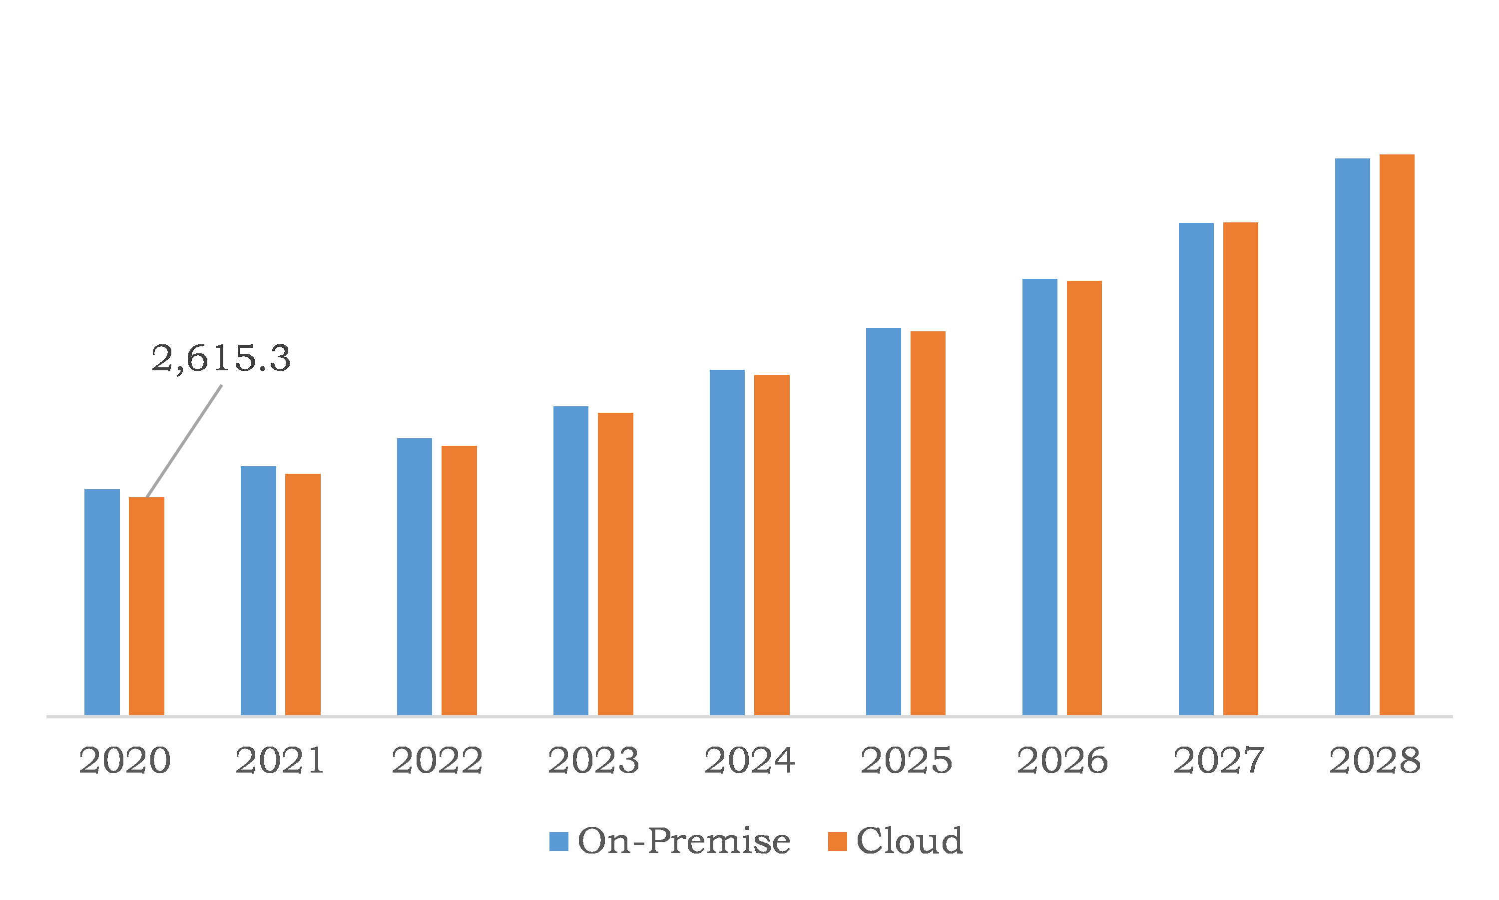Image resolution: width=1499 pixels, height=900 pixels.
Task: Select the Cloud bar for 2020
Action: [146, 607]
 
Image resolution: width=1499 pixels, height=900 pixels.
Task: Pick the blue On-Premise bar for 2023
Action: [570, 561]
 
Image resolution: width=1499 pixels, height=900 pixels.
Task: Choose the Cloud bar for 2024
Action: [772, 545]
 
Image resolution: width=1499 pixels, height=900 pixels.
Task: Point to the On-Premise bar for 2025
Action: [883, 522]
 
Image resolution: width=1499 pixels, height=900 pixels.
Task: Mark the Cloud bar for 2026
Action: [1084, 498]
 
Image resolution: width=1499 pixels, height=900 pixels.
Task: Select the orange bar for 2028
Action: [1397, 435]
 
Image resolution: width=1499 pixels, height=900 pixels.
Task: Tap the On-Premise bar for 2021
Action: [258, 591]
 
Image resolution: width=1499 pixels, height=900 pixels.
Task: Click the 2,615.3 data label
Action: [221, 358]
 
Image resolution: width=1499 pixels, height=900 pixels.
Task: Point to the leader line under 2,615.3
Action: [184, 441]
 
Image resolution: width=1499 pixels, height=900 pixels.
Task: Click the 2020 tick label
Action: [124, 761]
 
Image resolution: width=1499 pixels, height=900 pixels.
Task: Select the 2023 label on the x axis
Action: [593, 761]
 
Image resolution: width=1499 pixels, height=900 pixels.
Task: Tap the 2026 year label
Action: [1062, 761]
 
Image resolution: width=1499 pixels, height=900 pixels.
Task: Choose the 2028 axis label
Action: [1375, 761]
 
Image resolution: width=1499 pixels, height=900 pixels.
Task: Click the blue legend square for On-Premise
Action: [558, 841]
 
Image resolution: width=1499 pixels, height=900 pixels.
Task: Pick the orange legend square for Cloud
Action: [837, 841]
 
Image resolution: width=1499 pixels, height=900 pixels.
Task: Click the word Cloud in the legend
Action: [909, 841]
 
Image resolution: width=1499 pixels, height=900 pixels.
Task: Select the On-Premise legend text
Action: [684, 841]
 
